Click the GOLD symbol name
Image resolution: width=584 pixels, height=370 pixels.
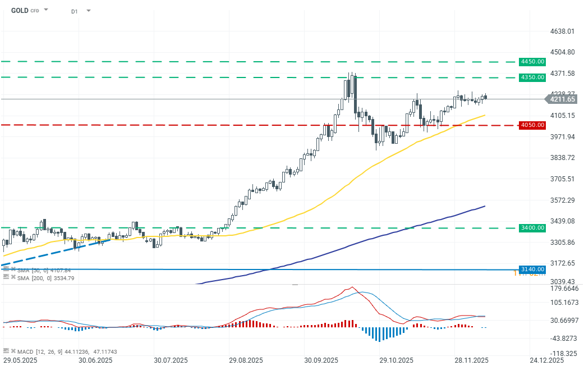pos(20,10)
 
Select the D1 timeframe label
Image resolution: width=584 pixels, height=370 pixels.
pos(75,11)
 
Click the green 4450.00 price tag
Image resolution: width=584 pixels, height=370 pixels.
pos(532,61)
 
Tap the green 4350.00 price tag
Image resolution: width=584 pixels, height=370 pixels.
pos(532,77)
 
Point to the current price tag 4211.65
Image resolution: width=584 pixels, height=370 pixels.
pos(562,99)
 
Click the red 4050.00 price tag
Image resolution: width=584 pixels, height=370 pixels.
pos(532,125)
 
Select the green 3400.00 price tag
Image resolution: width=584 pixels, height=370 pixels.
pos(532,228)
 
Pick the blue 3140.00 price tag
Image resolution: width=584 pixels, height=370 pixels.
pos(532,269)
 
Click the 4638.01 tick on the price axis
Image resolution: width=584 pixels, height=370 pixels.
pos(563,31)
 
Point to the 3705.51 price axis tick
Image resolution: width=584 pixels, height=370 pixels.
pos(563,179)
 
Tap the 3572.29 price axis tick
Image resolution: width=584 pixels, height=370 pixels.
pos(563,200)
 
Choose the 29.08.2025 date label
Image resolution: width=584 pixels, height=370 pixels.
pos(245,360)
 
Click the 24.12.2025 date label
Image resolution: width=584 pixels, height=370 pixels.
pos(546,360)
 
